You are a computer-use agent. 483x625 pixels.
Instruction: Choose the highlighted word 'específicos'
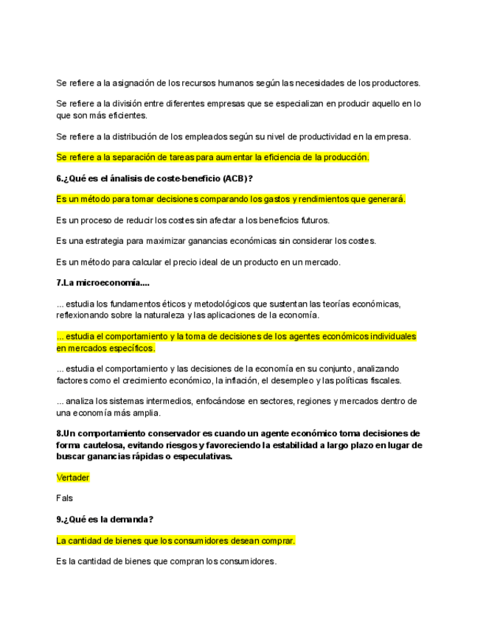click(x=131, y=348)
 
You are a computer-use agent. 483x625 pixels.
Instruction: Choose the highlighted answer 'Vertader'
click(x=73, y=478)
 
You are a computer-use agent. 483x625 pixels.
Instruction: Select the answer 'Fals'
click(x=64, y=498)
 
